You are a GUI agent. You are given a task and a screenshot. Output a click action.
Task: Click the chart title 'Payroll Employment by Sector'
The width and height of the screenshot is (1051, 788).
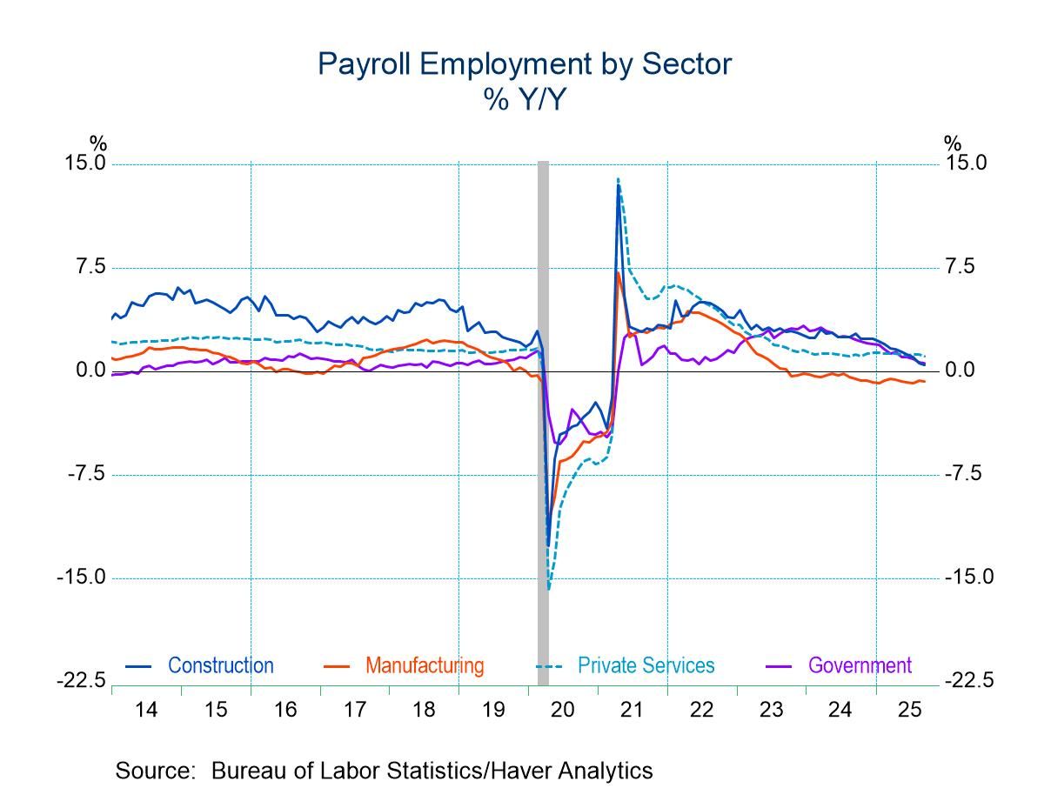coord(525,63)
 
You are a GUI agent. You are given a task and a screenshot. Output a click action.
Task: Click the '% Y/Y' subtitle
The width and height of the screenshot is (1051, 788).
coord(525,100)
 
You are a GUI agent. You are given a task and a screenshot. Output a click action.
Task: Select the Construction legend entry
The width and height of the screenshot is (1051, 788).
coord(220,666)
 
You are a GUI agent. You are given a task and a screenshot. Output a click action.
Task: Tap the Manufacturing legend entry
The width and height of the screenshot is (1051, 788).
coord(424,666)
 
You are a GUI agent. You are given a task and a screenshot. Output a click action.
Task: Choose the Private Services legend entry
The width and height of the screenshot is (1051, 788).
coord(646,666)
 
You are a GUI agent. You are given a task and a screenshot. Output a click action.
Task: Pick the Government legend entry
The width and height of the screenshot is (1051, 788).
coord(860,666)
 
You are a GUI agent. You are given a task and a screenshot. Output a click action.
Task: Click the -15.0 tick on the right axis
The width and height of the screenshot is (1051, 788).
coord(968,578)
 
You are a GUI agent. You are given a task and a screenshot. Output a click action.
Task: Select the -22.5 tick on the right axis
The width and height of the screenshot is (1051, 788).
coord(968,681)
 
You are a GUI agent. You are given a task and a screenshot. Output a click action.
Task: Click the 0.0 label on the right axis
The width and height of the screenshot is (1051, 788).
coord(964,371)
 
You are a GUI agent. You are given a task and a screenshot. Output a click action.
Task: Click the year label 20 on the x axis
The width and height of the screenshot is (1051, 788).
coord(562,710)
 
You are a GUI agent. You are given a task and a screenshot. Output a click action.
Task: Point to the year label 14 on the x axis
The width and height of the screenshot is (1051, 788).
coord(146,710)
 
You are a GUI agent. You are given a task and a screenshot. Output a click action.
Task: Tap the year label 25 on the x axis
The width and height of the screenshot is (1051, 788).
coord(909,710)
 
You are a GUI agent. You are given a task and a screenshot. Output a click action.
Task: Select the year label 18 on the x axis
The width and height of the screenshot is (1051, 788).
coord(424,710)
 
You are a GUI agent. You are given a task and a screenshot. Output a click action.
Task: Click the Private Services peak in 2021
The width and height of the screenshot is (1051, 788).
coord(618,179)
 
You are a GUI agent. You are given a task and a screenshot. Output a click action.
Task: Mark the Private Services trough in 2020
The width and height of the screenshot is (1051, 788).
coord(549,588)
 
